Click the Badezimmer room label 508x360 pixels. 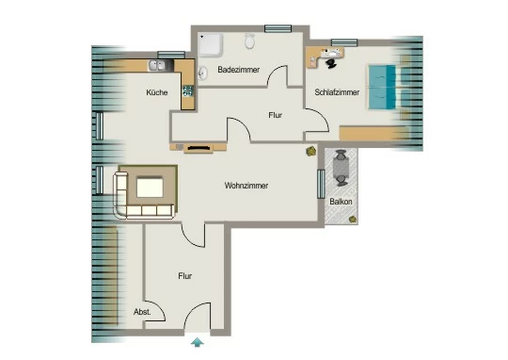[238, 70]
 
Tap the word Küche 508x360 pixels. [157, 92]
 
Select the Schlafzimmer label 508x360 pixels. [337, 92]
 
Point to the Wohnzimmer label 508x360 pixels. [246, 186]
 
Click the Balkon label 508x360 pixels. [341, 202]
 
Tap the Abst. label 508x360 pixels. [142, 312]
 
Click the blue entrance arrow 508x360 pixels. [197, 343]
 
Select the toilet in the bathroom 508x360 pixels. [249, 41]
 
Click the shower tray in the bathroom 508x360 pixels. [211, 45]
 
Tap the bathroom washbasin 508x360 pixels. [202, 73]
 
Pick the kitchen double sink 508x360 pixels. [157, 66]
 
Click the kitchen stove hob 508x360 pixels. [188, 91]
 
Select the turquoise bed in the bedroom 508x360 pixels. [382, 87]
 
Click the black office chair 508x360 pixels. [331, 64]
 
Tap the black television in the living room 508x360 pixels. [198, 148]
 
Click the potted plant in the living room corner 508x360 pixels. [311, 151]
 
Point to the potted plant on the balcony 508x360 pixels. [353, 220]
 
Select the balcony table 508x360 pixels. [341, 168]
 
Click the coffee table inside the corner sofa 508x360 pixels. [150, 188]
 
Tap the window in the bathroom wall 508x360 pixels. [278, 28]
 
